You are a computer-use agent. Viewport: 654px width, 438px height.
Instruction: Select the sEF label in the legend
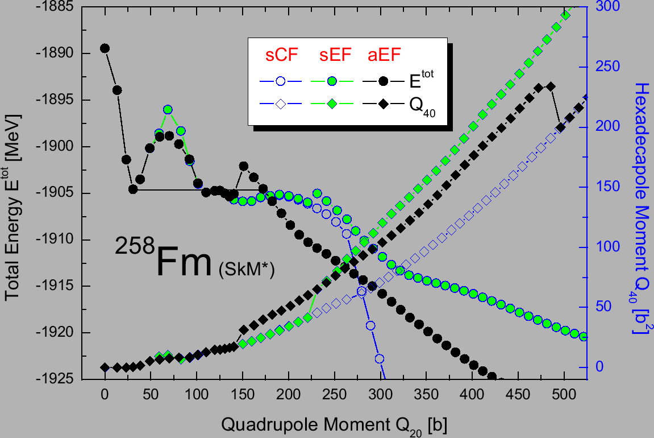[x=332, y=55]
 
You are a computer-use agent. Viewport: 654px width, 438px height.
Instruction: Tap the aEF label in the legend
[x=384, y=55]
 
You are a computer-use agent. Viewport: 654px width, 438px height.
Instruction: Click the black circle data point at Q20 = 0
[x=105, y=48]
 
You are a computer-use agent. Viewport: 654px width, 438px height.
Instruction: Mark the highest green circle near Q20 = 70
[x=168, y=110]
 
